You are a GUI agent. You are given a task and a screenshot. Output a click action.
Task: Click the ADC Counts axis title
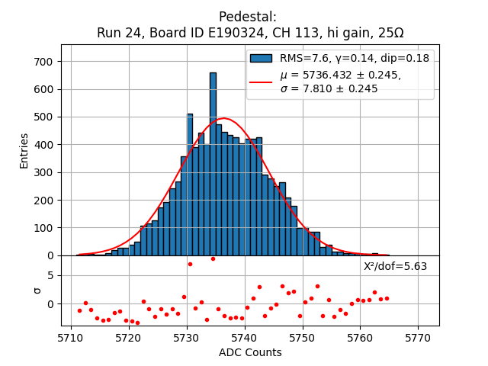250,352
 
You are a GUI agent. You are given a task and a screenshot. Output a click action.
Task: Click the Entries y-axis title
24,150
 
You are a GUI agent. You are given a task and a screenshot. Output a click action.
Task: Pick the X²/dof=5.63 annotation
395,266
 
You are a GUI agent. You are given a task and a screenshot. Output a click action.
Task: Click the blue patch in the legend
260,58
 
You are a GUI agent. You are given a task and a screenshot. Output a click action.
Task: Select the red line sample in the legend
260,82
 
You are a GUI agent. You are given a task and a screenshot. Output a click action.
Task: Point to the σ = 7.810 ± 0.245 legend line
329,88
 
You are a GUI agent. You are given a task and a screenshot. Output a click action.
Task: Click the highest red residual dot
213,258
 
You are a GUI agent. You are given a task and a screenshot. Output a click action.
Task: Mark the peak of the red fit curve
224,119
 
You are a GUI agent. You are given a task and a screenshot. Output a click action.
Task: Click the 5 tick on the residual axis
50,275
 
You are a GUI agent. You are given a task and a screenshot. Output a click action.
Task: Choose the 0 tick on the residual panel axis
50,303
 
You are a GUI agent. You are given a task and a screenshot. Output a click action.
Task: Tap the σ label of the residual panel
37,290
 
